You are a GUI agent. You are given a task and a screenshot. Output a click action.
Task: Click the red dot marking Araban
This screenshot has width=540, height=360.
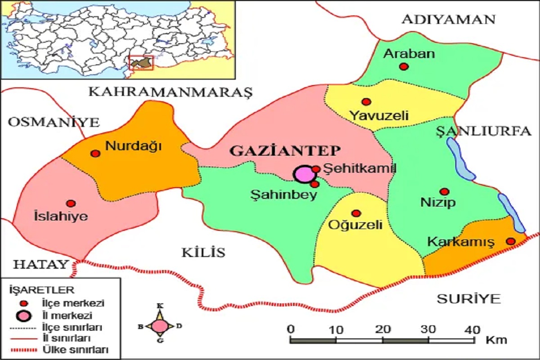[x=404, y=67]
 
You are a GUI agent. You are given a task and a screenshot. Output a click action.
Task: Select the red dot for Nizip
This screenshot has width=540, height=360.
[x=444, y=192]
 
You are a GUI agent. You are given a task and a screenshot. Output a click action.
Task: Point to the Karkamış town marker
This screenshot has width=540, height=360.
[x=511, y=241]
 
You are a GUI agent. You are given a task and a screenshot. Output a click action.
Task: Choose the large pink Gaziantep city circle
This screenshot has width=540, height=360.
[x=304, y=175]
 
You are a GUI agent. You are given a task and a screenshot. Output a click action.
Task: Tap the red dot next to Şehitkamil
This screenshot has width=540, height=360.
[x=316, y=169]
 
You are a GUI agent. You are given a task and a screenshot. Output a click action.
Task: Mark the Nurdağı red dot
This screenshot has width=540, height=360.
[x=95, y=153]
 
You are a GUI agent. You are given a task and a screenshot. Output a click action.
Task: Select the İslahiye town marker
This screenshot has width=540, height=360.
[x=71, y=203]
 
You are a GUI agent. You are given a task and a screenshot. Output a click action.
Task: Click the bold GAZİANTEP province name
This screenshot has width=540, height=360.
[x=285, y=151]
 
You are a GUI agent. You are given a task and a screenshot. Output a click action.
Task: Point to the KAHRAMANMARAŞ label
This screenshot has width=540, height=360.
[x=171, y=92]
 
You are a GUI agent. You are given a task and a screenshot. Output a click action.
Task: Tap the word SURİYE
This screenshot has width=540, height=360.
[x=468, y=298]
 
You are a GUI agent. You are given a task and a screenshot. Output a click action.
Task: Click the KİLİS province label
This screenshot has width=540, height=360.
[x=203, y=252]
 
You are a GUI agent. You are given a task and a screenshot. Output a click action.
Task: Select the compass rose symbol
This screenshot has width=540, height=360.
[x=159, y=326]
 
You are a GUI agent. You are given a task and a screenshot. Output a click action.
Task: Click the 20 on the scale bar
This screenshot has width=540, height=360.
[x=382, y=329]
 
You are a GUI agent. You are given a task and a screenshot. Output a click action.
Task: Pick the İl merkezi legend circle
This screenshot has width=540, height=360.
[x=26, y=315]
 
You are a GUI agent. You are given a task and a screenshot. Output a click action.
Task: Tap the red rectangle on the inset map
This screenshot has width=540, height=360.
[x=141, y=63]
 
